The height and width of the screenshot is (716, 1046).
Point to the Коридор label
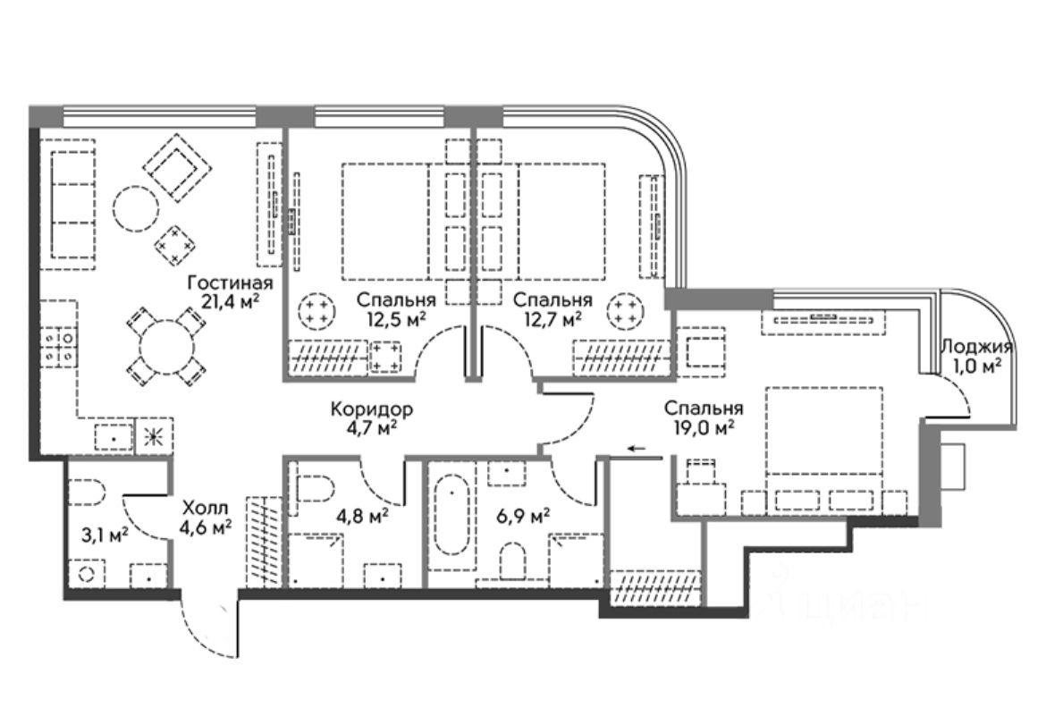tap(371, 409)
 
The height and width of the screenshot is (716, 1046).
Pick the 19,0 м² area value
tap(705, 427)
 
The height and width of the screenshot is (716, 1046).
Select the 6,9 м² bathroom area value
tap(523, 516)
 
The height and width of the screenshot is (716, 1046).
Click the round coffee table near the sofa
tap(135, 209)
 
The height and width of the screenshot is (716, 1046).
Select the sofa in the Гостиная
tap(72, 209)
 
